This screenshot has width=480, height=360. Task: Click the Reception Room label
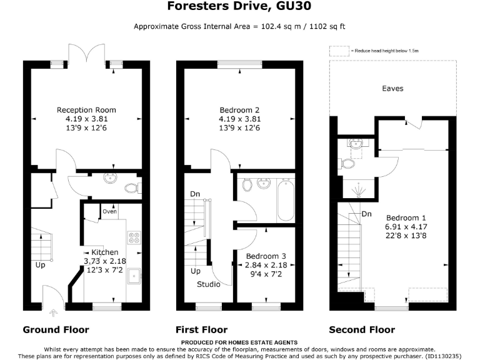86,110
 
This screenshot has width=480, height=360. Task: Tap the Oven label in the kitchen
110,211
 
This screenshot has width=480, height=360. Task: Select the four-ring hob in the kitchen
134,236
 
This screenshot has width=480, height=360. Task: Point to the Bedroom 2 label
239,110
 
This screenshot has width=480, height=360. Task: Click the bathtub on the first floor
286,199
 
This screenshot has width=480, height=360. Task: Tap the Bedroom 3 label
266,256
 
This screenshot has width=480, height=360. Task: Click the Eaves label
392,89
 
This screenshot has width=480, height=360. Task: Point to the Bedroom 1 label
406,211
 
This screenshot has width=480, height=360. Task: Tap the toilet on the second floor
347,164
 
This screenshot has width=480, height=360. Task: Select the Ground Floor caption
56,329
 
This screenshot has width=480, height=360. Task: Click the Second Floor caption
362,329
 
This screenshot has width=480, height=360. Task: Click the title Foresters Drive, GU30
239,7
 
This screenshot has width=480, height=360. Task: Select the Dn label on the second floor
367,214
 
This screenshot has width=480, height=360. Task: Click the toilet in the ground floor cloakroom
132,187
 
